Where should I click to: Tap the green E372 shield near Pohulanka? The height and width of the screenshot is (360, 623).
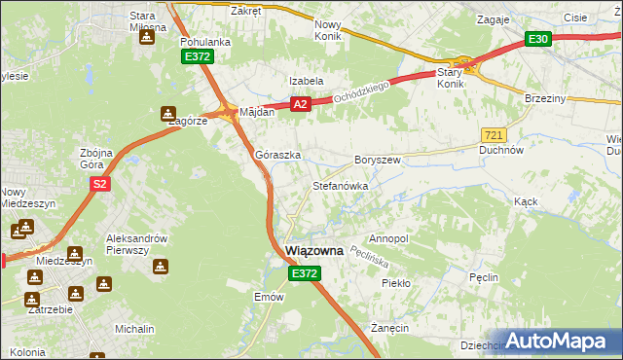click(x=197, y=58)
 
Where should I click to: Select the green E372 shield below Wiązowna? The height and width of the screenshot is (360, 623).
click(x=304, y=275)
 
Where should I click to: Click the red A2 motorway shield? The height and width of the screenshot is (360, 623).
click(x=300, y=104)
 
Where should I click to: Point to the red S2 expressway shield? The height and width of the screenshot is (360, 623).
click(x=99, y=183)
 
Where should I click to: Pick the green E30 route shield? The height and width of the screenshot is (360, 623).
click(x=537, y=39)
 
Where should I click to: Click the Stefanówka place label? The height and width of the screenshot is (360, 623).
click(x=339, y=185)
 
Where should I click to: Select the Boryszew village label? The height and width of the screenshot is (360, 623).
click(x=378, y=159)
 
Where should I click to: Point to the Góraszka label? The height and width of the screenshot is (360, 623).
click(x=277, y=155)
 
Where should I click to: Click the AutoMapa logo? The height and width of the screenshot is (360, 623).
click(x=560, y=341)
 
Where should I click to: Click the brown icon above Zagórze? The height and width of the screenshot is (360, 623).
click(x=168, y=111)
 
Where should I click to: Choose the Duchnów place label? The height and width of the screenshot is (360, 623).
click(x=502, y=151)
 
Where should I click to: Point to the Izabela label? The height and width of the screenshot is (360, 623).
click(x=305, y=81)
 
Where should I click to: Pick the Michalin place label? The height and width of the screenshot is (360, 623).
click(x=135, y=330)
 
